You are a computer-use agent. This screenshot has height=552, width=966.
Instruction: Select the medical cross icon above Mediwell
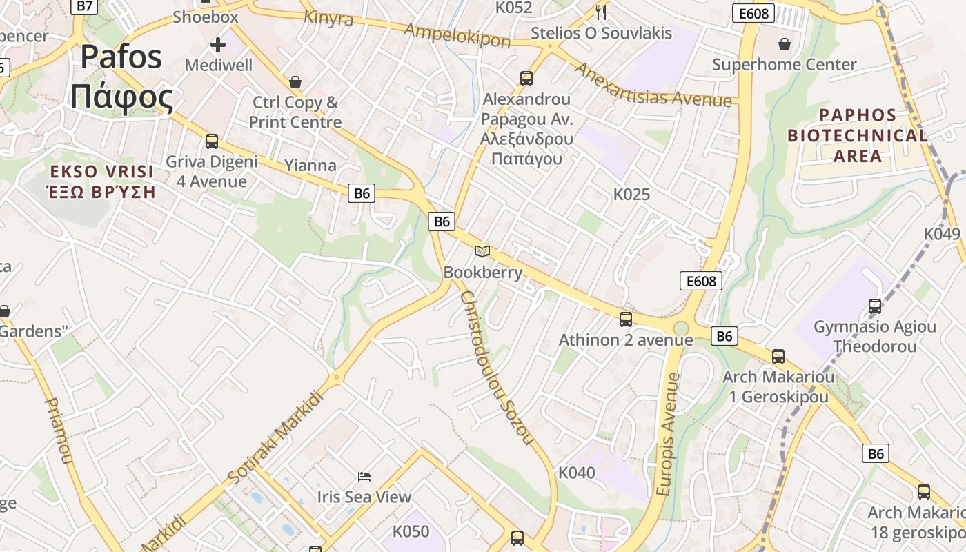[x=218, y=46]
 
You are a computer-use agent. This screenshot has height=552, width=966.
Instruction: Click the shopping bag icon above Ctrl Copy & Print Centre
[x=295, y=82]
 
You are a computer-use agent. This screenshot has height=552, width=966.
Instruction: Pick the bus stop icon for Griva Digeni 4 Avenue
[x=212, y=141]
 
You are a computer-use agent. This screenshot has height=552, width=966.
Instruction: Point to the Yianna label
[x=310, y=166]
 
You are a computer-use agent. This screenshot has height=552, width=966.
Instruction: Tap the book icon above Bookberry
[x=482, y=252]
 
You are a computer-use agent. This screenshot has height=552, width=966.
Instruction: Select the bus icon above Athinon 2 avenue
[x=626, y=319]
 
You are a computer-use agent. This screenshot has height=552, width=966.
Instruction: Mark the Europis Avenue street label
[x=667, y=435]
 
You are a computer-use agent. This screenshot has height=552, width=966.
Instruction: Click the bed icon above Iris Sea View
[x=364, y=477]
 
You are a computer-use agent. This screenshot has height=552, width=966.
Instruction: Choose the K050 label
[x=411, y=532]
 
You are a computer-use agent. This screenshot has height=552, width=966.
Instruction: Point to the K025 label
[x=631, y=195]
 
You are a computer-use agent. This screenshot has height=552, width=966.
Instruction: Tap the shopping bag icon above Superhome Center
[x=785, y=45]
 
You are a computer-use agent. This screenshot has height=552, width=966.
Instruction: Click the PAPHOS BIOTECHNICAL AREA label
[x=858, y=135]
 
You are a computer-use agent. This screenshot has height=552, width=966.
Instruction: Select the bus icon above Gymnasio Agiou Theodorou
[x=875, y=306]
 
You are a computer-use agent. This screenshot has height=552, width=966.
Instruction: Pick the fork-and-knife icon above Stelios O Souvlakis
[x=601, y=12]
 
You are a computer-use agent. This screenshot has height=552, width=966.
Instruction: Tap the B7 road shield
[x=83, y=6]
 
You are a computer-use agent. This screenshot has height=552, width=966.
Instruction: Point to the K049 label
[x=942, y=234]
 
